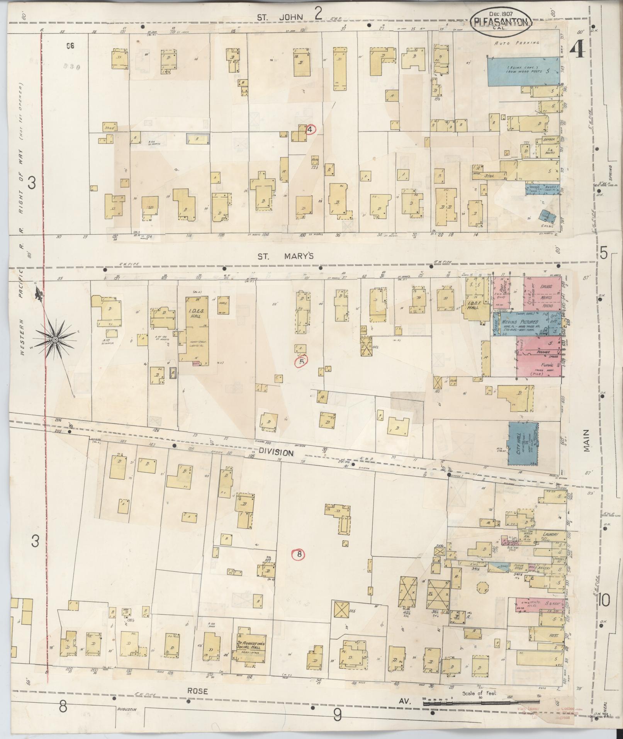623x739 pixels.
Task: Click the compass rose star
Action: pyautogui.click(x=55, y=339)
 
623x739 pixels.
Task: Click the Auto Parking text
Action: pyautogui.click(x=517, y=43)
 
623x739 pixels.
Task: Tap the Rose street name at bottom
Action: pyautogui.click(x=197, y=691)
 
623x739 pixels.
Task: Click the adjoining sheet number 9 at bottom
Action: pyautogui.click(x=337, y=715)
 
